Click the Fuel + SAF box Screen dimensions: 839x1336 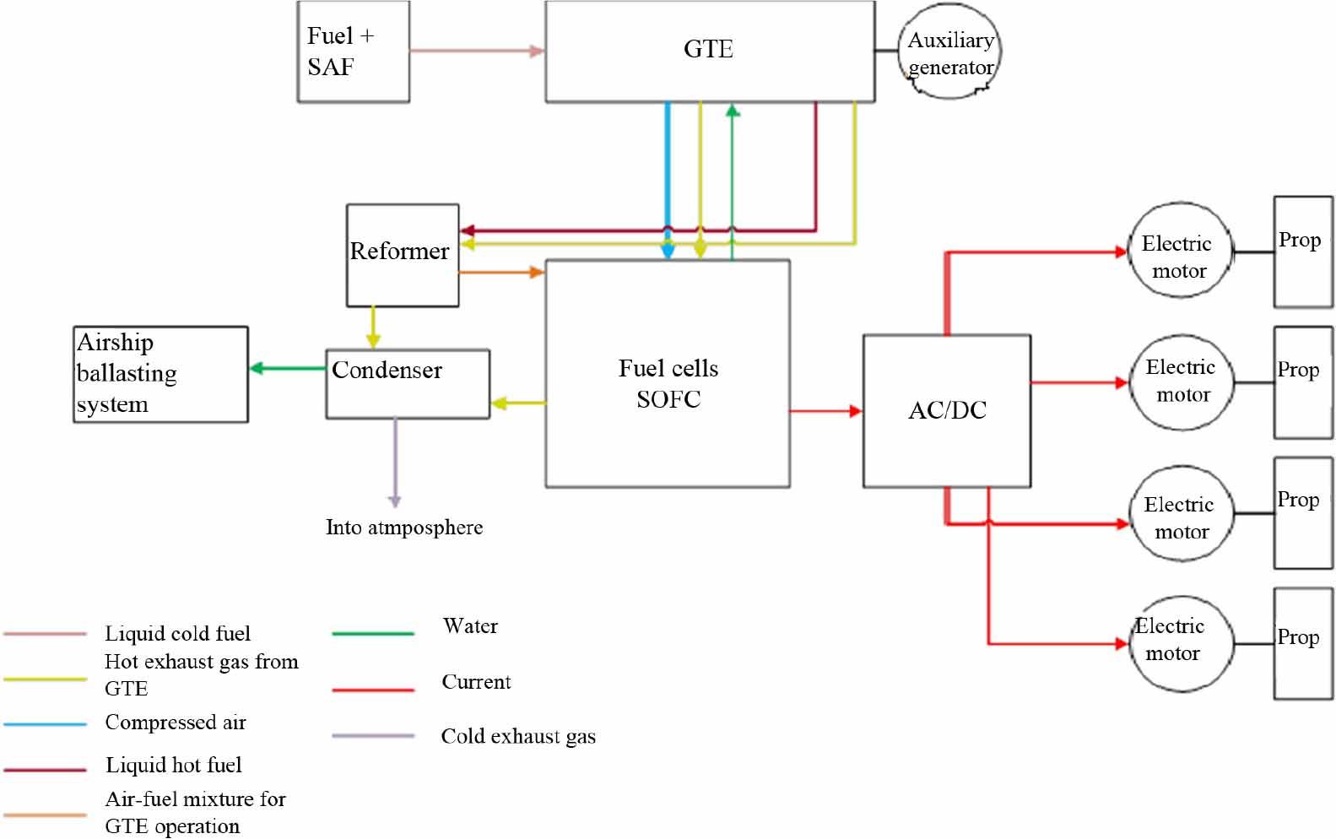click(353, 51)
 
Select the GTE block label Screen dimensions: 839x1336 click(708, 49)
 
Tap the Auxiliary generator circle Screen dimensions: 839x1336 click(950, 52)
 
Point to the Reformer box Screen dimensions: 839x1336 click(403, 255)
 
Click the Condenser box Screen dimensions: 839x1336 click(408, 383)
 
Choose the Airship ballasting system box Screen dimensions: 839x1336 click(160, 374)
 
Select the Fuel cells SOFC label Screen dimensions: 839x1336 click(668, 383)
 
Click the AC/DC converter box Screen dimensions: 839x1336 click(946, 410)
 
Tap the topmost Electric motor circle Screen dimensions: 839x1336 click(1179, 251)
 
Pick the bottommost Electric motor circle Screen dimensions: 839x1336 click(1182, 644)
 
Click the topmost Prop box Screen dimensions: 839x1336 click(1302, 252)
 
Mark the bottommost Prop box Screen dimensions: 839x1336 click(1302, 643)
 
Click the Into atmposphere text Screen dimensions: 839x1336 click(404, 528)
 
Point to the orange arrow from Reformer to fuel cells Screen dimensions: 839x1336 click(501, 272)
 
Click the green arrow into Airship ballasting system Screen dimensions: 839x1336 click(288, 368)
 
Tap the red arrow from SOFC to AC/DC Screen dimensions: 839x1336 click(825, 411)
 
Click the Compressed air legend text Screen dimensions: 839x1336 click(176, 723)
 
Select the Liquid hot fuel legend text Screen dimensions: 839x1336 click(173, 765)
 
